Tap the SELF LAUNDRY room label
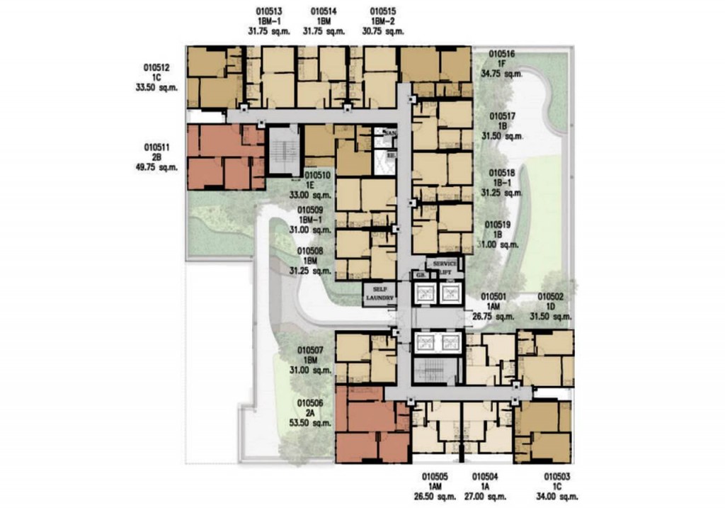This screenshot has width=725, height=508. (x=379, y=293)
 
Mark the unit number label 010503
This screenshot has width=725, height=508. (x=557, y=477)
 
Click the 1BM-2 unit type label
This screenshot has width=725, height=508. (x=383, y=21)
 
